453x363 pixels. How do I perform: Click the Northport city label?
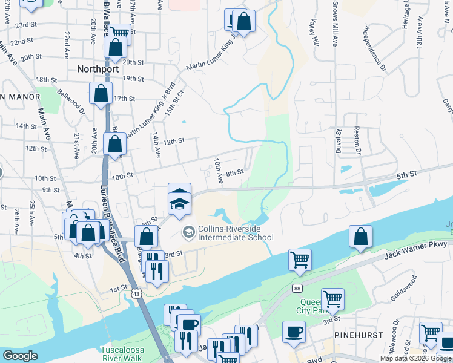(97, 69)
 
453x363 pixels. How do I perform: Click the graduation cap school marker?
(179, 199)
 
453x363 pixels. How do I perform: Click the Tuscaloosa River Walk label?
(122, 354)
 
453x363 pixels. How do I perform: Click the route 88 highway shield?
(297, 288)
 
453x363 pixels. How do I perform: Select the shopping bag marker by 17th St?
(101, 93)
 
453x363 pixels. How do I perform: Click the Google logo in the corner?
(21, 356)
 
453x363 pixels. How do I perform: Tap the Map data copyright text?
(415, 358)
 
